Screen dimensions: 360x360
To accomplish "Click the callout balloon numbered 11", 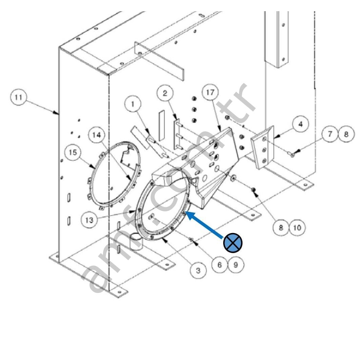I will (x=18, y=98).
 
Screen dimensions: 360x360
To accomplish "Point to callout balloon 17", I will (x=210, y=92).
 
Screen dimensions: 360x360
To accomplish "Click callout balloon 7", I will (x=330, y=134).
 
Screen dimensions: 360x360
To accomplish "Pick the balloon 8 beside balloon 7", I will (x=346, y=134).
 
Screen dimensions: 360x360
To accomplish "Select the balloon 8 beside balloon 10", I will (x=281, y=228).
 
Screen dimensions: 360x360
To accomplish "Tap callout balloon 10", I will (x=297, y=228).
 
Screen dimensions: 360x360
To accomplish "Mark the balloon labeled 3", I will (x=198, y=270).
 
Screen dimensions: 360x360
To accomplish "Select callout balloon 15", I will (x=73, y=153).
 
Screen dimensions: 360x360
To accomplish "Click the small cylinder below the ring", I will (x=136, y=242).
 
